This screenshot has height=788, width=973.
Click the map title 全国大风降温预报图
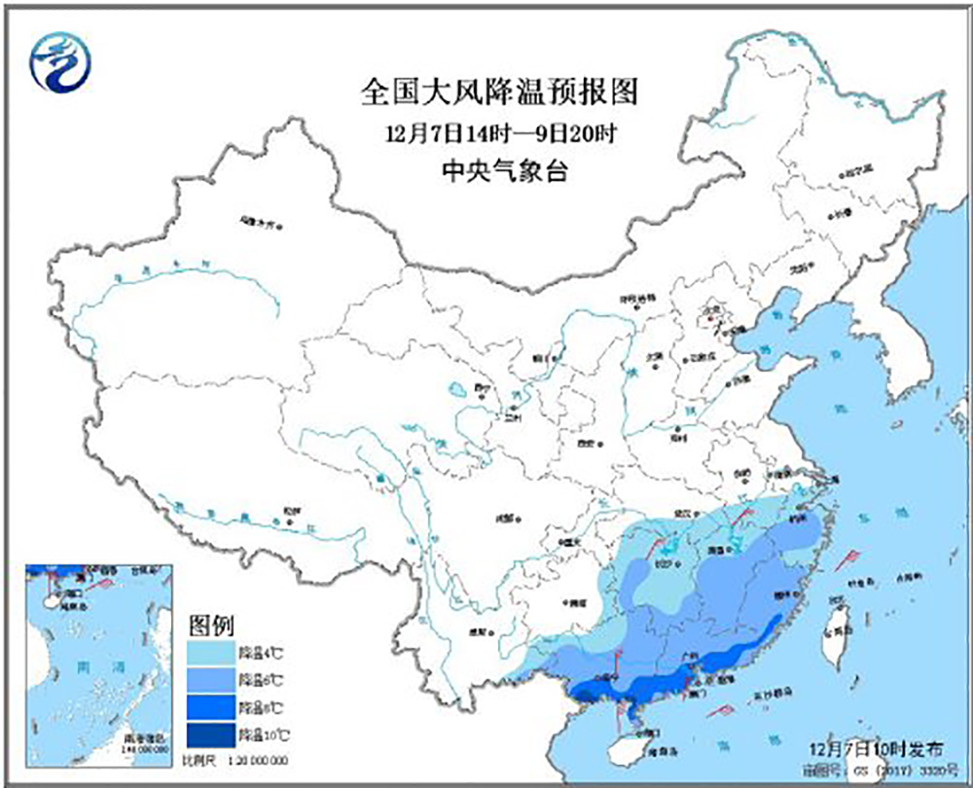pyautogui.click(x=499, y=92)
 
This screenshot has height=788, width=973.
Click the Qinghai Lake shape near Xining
pyautogui.click(x=455, y=393)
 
